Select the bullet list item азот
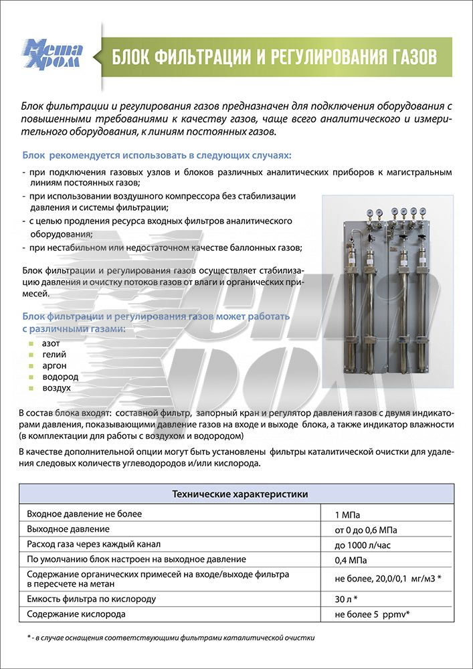(51, 343)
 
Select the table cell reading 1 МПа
(347, 515)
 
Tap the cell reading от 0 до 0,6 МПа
(367, 530)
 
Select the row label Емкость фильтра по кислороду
(92, 599)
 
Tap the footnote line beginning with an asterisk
(167, 638)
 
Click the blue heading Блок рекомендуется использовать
(157, 155)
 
